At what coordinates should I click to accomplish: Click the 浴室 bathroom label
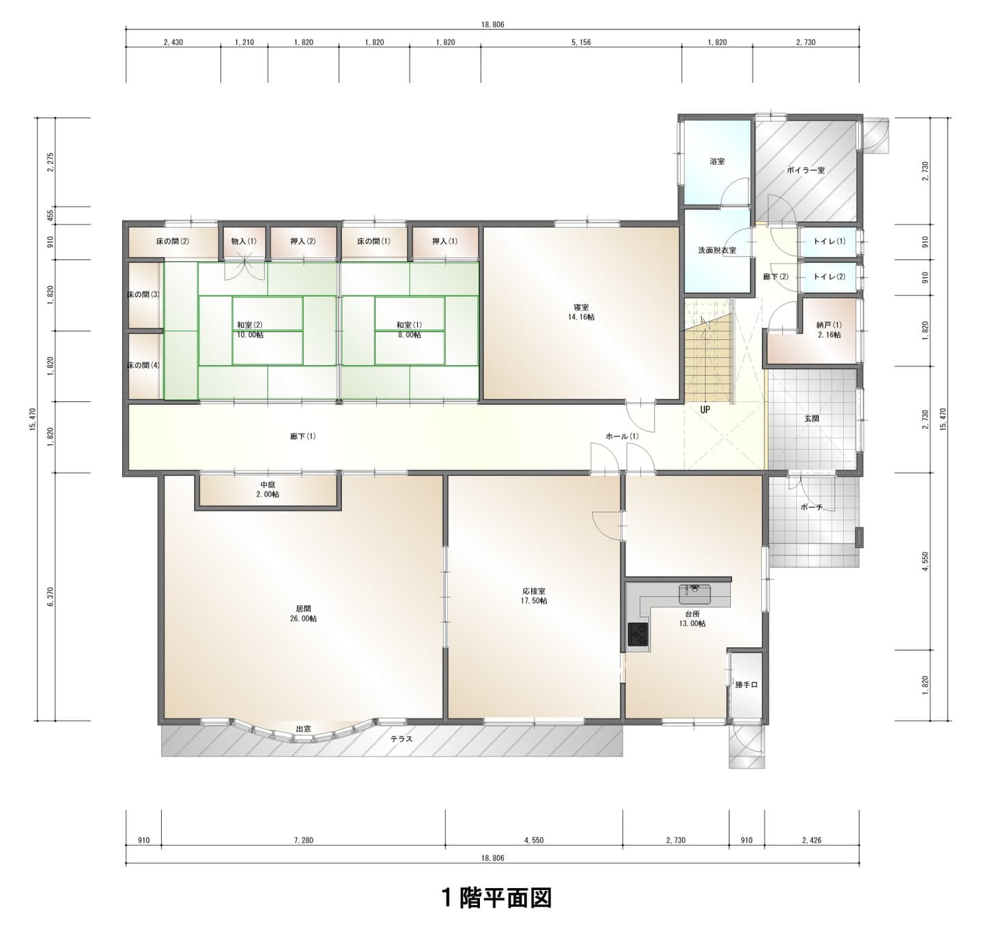[x=717, y=161]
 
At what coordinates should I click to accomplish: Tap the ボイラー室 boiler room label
[x=806, y=171]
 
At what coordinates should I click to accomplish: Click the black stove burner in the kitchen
[x=638, y=634]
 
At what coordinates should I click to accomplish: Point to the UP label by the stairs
[x=705, y=410]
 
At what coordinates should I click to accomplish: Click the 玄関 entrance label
[x=812, y=418]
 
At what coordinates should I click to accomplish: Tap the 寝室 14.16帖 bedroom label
[x=581, y=312]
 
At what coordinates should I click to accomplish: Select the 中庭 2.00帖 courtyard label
[x=268, y=489]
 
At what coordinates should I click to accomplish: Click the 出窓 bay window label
[x=303, y=729]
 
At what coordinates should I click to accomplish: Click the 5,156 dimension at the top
[x=581, y=42]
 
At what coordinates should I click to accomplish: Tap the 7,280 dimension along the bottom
[x=303, y=840]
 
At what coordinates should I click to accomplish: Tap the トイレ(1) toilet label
[x=829, y=242]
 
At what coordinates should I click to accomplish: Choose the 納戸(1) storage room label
[x=829, y=330]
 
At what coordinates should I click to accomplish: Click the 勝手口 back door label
[x=746, y=685]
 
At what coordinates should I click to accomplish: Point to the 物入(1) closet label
[x=244, y=241]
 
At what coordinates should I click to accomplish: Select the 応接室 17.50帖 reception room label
[x=534, y=596]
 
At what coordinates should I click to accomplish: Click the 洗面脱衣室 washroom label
[x=717, y=251]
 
